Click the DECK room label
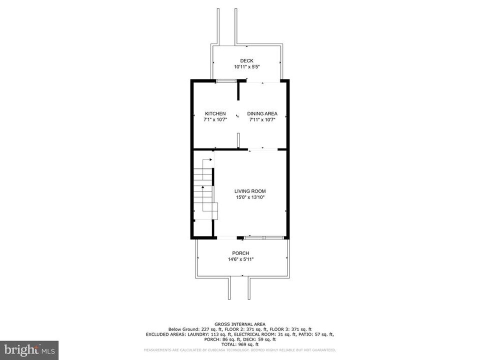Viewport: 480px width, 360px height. click(246, 61)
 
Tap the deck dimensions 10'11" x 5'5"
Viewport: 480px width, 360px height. click(246, 67)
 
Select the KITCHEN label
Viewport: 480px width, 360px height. click(215, 113)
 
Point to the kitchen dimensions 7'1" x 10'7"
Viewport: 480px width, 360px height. click(215, 120)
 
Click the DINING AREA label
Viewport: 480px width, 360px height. click(262, 113)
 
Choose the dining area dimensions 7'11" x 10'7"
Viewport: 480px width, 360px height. click(262, 120)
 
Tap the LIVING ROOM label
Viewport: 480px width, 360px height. click(250, 191)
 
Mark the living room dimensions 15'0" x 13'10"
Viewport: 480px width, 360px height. click(250, 197)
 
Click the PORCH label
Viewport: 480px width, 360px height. click(240, 253)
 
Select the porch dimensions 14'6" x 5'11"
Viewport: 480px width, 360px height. click(240, 259)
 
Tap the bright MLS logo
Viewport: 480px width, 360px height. click(29, 349)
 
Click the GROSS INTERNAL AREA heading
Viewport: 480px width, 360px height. click(240, 324)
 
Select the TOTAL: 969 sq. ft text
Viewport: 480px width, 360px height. click(240, 344)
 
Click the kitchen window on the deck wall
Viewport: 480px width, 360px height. click(226, 81)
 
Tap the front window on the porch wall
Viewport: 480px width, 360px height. click(265, 237)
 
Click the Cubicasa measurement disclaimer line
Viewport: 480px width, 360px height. click(240, 350)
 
